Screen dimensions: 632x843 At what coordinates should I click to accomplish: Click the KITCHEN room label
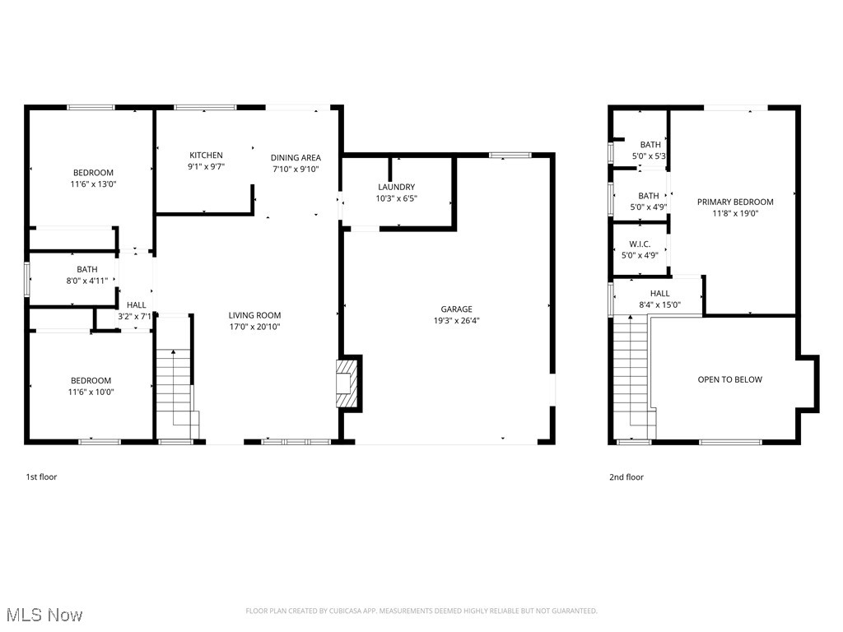pos(206,155)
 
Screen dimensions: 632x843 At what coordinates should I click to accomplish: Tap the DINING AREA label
pos(296,157)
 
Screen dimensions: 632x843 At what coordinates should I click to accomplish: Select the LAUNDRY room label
pos(396,187)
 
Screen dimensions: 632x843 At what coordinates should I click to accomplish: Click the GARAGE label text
pos(456,309)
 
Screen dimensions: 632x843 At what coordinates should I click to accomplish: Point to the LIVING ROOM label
pos(254,315)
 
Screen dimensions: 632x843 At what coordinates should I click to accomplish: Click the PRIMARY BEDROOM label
pos(735,202)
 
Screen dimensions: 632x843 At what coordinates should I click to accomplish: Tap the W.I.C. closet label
pos(640,244)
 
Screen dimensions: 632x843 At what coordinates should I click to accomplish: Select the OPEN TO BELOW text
pos(729,379)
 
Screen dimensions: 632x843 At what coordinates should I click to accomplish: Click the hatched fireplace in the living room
pos(347,381)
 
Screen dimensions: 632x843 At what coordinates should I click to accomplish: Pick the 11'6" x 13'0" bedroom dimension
pos(93,184)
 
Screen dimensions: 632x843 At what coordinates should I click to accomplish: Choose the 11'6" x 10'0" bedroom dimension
pos(91,392)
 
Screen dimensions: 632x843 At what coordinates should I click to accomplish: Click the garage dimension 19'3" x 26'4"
pos(456,321)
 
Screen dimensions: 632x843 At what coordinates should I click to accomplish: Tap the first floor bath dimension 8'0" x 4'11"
pos(86,281)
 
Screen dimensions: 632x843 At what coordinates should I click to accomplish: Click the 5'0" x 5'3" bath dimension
pos(649,156)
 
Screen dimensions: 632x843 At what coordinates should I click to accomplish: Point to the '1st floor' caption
pos(41,476)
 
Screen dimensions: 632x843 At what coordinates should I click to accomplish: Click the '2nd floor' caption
pos(626,476)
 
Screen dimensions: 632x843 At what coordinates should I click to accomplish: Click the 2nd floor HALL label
pos(659,293)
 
